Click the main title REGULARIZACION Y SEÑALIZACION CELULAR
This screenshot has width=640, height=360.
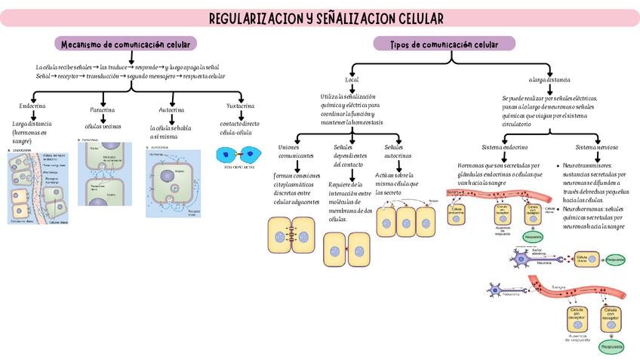(326, 18)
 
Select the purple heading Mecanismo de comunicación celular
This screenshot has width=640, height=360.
(126, 44)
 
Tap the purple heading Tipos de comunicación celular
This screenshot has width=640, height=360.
(445, 45)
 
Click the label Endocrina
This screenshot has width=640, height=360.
(32, 106)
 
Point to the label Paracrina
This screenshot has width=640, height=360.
(103, 109)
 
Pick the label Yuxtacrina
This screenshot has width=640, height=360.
(240, 106)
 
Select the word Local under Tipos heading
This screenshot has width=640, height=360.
(352, 79)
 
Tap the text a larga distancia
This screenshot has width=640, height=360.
(549, 79)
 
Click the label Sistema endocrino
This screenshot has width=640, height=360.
(504, 147)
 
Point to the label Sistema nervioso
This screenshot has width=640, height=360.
(596, 147)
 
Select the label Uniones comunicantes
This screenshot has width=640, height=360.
(296, 151)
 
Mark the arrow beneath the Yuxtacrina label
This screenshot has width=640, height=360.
(240, 116)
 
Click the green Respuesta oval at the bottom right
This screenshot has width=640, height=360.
(611, 346)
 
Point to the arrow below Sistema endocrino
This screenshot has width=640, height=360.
(503, 156)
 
